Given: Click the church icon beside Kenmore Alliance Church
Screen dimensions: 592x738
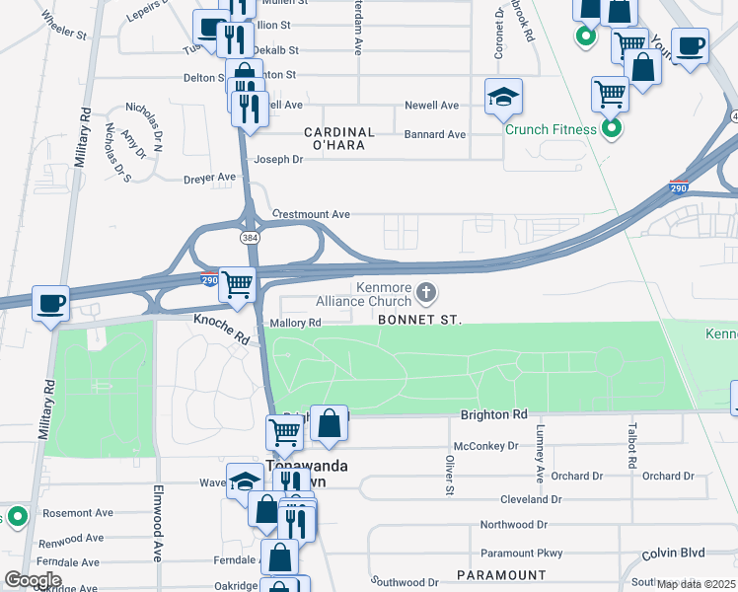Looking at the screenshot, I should (426, 292).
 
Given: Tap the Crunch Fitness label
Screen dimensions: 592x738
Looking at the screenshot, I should (552, 129).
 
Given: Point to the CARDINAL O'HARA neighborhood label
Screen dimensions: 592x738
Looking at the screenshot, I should (339, 138).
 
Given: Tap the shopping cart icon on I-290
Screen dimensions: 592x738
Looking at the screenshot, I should (238, 284).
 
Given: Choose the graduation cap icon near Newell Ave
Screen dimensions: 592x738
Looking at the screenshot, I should (503, 96).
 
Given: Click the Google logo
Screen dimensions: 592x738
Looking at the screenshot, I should (33, 579).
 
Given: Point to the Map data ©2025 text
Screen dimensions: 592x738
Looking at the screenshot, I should (696, 584).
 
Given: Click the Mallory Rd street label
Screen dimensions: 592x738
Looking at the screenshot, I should (296, 323).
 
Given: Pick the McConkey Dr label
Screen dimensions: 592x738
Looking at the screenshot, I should (484, 446).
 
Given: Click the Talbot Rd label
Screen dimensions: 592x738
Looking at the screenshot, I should (630, 447).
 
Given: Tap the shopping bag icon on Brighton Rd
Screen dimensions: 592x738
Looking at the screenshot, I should (331, 422).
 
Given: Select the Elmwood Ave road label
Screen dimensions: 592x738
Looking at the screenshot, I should (158, 523).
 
